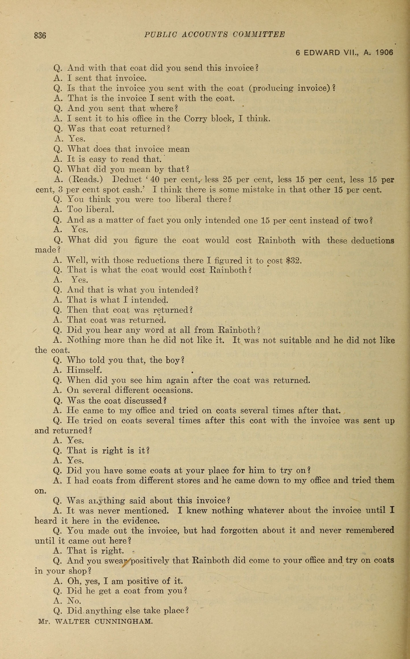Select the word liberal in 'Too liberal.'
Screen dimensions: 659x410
point(100,209)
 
